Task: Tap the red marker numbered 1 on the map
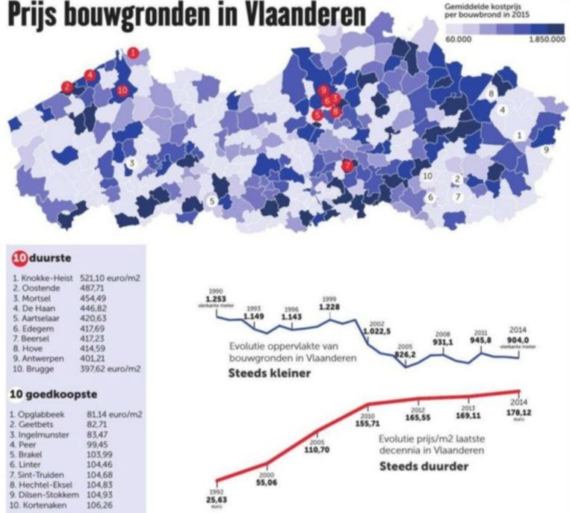tap(133, 52)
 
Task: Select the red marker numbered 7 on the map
tap(347, 166)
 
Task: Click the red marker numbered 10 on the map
tap(123, 91)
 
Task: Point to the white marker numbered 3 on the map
tap(131, 163)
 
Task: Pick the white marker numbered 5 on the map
tap(212, 201)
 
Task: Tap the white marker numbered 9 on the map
tap(546, 149)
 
